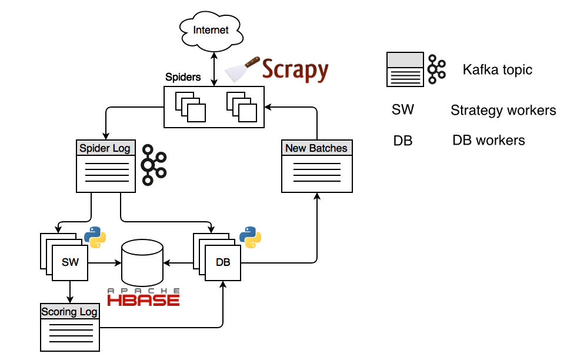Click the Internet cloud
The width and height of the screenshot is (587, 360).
coord(211,29)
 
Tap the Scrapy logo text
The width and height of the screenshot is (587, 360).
coord(295,70)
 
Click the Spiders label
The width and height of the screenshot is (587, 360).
coord(182,77)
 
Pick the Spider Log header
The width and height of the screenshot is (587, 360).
coord(106,148)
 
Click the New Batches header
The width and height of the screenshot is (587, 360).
coord(316,148)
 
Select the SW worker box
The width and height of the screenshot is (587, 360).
coord(70,262)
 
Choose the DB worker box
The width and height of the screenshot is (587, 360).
coord(223,262)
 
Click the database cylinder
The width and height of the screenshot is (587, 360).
coord(142,262)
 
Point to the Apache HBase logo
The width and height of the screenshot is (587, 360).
coord(143,297)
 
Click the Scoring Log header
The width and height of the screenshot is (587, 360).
coord(69,311)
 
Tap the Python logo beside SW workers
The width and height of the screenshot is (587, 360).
coord(95,236)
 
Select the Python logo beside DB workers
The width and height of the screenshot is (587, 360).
coord(250,236)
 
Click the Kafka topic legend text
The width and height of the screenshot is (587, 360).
coord(497,70)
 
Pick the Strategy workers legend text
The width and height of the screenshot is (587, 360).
coord(503,110)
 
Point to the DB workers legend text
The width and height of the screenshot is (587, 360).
coord(488,140)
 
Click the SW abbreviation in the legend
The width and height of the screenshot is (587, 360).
coord(403,110)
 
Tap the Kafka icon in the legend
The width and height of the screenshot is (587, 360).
coord(436,69)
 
